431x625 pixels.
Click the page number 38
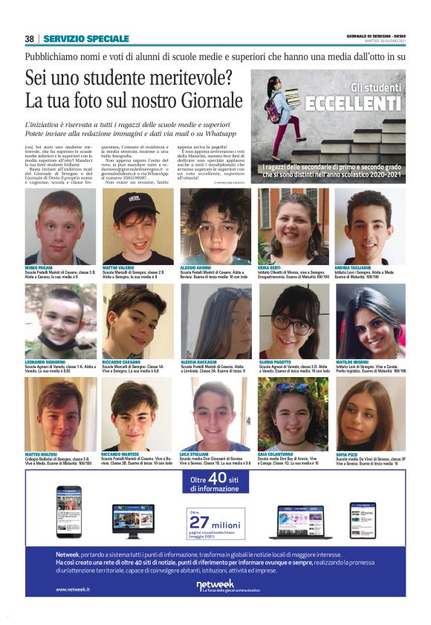[30, 39]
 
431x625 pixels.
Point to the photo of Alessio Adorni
[214, 226]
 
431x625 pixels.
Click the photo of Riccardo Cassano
[137, 321]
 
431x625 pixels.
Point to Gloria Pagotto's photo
[293, 321]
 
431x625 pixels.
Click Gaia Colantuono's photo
[292, 414]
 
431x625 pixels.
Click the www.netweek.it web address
[72, 589]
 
